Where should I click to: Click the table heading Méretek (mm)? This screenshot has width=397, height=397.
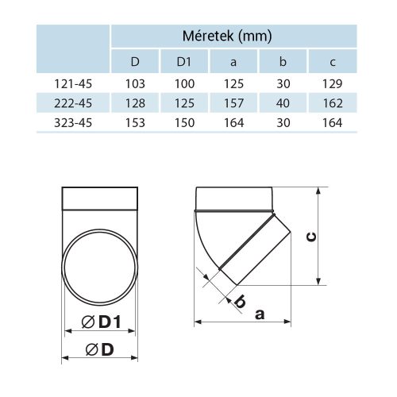234,36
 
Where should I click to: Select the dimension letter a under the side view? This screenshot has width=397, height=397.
260,314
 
